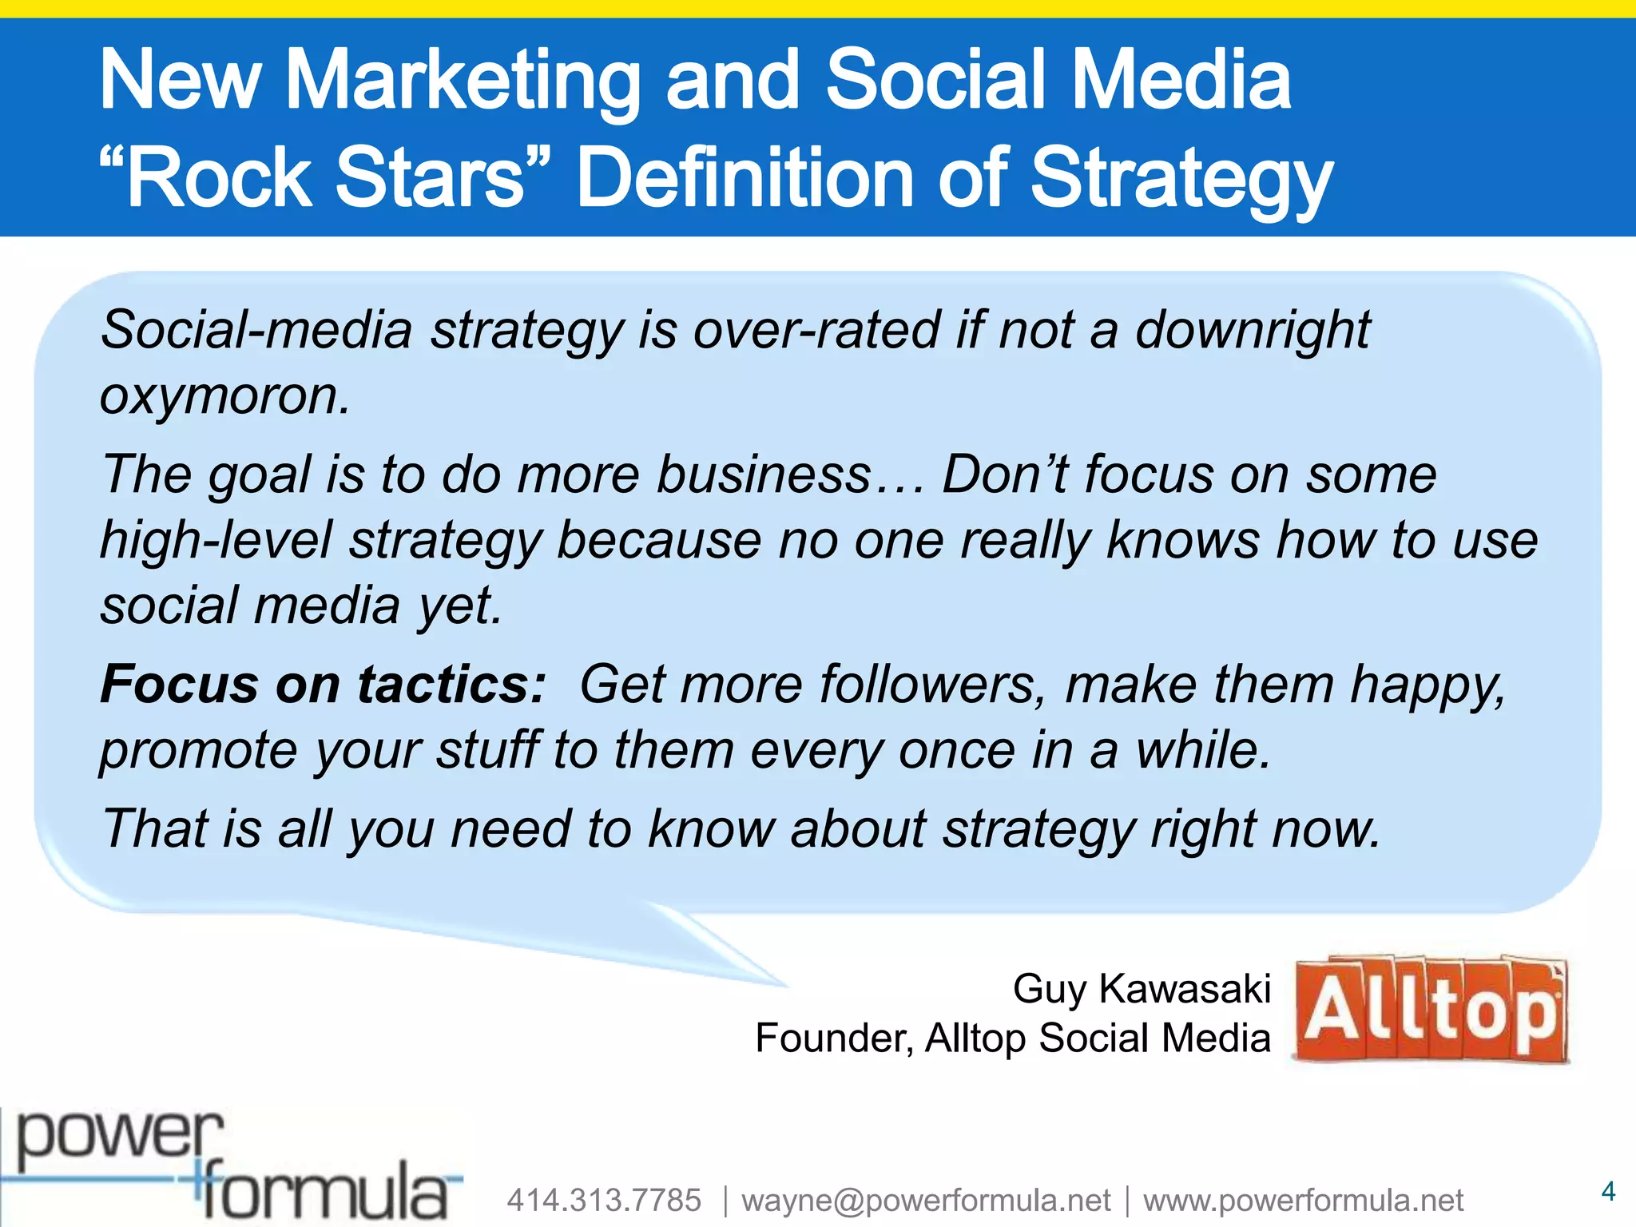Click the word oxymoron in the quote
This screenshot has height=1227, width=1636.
224,396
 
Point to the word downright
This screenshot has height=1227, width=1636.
1252,330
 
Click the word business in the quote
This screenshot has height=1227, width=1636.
763,475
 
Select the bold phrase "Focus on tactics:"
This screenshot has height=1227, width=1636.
323,685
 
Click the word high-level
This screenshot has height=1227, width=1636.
216,541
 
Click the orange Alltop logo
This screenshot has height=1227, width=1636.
1430,1010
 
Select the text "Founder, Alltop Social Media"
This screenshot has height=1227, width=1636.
1012,1038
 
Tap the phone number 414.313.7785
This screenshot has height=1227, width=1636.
604,1200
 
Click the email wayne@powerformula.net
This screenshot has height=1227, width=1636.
926,1200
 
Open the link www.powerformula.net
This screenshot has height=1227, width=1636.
1303,1200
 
